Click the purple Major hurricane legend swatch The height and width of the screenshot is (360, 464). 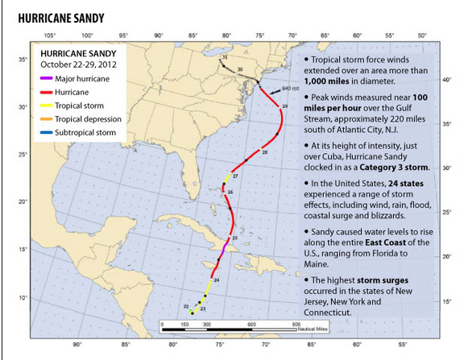[x=45, y=79]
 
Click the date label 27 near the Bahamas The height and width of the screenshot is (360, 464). [x=235, y=176]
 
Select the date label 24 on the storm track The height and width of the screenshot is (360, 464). [x=217, y=279]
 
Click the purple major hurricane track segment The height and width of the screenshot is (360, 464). [x=223, y=253]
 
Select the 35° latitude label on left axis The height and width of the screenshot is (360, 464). [x=24, y=59]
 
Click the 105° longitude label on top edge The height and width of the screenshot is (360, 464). [x=48, y=35]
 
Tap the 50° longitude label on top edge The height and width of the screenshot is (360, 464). [x=422, y=35]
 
